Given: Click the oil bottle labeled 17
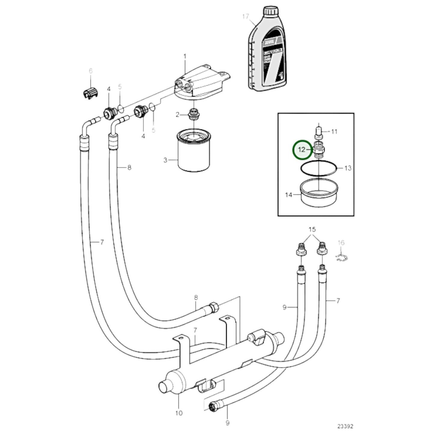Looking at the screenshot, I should tap(267, 54).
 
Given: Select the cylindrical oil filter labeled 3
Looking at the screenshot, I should tap(194, 152).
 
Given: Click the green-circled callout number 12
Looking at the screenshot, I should tap(302, 150).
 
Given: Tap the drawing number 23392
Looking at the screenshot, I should tap(345, 426).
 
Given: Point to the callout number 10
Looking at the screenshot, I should tap(179, 413).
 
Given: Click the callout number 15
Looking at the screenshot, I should tap(312, 229).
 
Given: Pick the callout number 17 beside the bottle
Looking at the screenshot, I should tap(246, 16).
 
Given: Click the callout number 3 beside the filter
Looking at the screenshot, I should tap(165, 160).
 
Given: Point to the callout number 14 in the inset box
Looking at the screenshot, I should tap(288, 195).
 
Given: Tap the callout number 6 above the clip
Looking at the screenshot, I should tap(91, 71).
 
